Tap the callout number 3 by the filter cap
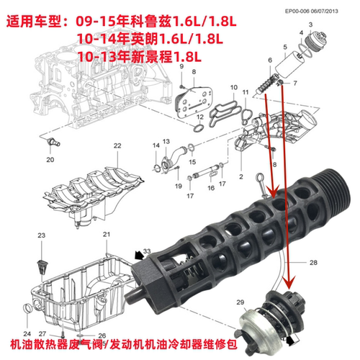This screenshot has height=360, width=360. click(x=310, y=24)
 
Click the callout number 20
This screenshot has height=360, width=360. click(x=50, y=160)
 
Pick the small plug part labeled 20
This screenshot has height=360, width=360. click(x=52, y=143)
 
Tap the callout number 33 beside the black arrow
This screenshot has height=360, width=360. click(x=147, y=251)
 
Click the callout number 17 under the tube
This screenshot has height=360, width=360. click(x=189, y=196)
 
